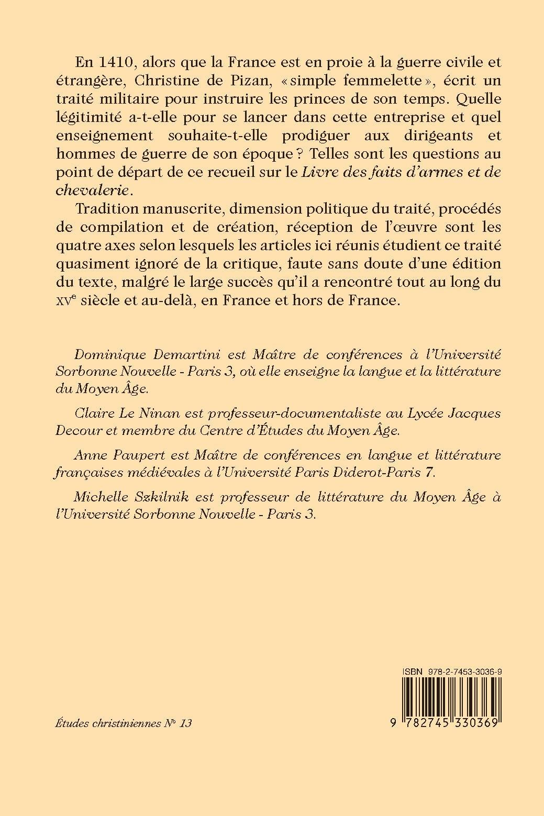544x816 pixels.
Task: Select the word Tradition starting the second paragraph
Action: pos(107,208)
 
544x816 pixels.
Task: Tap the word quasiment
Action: pos(86,263)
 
